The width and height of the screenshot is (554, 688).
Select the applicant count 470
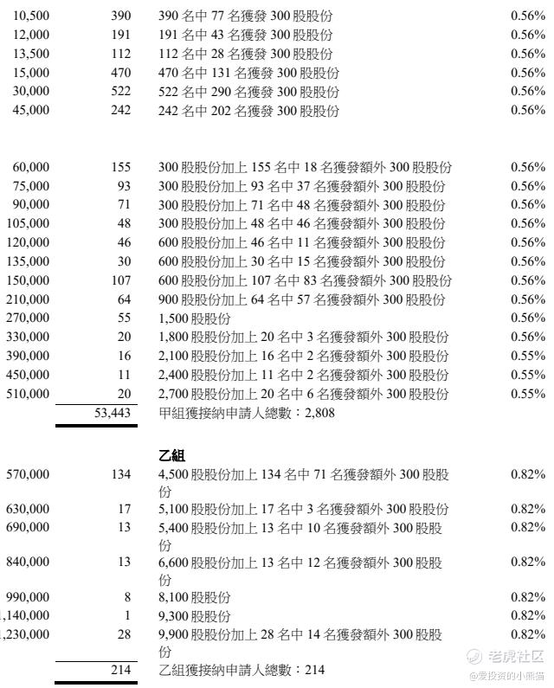point(121,74)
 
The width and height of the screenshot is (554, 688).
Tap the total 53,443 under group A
point(113,414)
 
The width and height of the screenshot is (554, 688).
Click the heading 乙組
point(172,455)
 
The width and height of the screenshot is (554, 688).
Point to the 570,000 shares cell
point(28,474)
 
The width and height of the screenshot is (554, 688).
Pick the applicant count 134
point(120,474)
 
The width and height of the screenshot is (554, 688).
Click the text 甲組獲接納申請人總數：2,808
point(247,414)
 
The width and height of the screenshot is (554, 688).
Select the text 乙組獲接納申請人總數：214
point(242,671)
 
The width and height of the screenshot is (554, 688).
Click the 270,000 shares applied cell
point(28,318)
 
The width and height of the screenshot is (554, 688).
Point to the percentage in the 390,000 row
point(528,357)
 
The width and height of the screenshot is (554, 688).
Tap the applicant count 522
point(121,92)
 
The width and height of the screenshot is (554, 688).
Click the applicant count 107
point(120,280)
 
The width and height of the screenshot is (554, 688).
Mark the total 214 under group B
point(120,671)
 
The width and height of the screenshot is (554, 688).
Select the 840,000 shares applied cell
point(28,563)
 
